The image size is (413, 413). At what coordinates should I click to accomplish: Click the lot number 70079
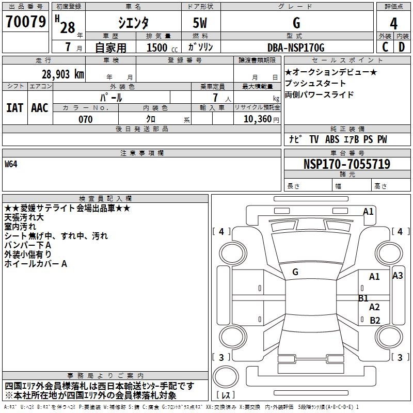(x=25, y=22)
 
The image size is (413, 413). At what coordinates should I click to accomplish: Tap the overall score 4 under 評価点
(x=394, y=23)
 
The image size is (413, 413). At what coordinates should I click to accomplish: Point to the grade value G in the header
(x=296, y=23)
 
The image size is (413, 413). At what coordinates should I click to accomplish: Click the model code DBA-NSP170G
(x=296, y=47)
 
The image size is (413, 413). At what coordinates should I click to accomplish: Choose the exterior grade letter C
(x=385, y=47)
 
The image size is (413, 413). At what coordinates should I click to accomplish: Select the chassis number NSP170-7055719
(x=346, y=164)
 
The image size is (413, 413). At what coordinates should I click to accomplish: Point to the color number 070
(x=86, y=119)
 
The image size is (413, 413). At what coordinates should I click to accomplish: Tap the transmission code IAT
(x=14, y=108)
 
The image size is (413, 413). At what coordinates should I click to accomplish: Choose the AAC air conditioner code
(x=40, y=108)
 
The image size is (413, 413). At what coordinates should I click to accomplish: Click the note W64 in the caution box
(x=11, y=165)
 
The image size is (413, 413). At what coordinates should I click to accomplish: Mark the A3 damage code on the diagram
(x=398, y=276)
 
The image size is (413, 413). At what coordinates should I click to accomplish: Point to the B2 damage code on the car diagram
(x=375, y=320)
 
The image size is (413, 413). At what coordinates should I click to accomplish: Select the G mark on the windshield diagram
(x=295, y=272)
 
